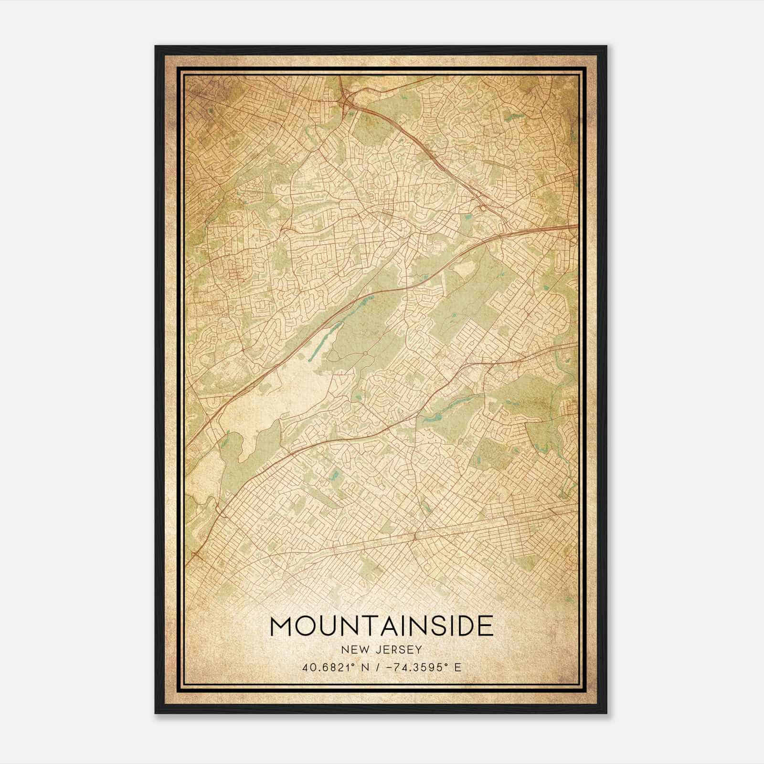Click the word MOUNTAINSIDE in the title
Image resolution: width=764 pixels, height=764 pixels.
[x=382, y=626]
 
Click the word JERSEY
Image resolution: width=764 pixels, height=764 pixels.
[x=398, y=649]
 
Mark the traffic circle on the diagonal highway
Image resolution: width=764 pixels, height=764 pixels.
[x=483, y=208]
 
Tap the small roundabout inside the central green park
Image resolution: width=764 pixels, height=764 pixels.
[x=365, y=353]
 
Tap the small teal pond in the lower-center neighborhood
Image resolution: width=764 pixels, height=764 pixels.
[x=335, y=475]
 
